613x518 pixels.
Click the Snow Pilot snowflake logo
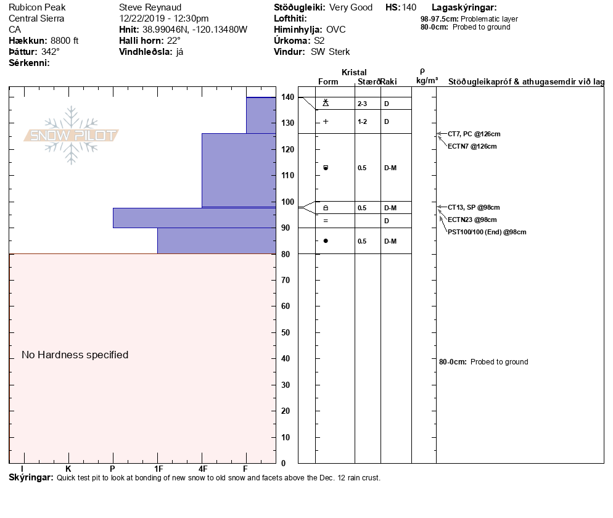(72, 135)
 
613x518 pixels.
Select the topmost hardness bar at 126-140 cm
(261, 115)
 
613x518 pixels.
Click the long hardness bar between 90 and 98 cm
(194, 218)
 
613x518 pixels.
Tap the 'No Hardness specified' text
(75, 355)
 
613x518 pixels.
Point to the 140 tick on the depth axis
(287, 97)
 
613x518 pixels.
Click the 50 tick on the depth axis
(287, 332)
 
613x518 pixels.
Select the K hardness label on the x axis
(68, 469)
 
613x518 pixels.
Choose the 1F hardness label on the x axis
(158, 469)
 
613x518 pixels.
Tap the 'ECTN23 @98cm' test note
(472, 220)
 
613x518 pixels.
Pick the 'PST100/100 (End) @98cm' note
(487, 232)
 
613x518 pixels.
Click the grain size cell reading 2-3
(362, 104)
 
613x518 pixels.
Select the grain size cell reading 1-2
(362, 121)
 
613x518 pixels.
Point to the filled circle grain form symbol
(326, 240)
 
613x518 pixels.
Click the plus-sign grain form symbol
(326, 121)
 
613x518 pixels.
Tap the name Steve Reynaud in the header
(150, 7)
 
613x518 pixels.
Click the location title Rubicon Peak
(37, 7)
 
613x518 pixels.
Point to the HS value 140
(409, 7)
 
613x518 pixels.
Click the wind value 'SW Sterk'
(331, 52)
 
